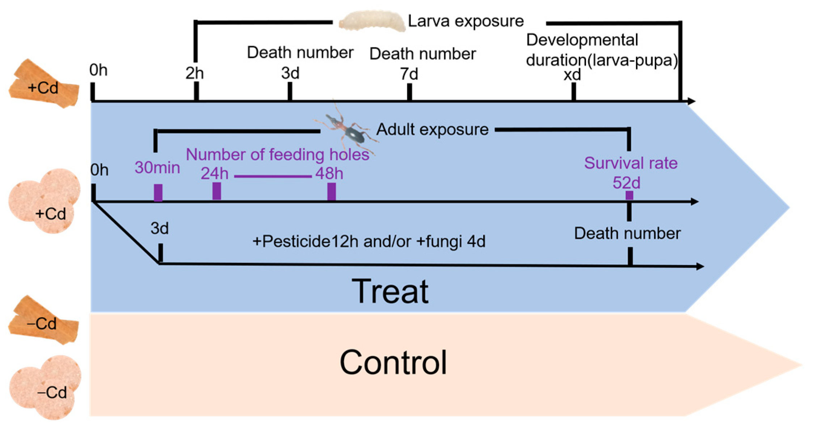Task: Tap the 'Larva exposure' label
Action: pos(466,21)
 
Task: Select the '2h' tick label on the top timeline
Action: pos(195,73)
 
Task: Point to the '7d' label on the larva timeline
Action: pos(409,74)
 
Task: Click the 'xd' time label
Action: pos(572,75)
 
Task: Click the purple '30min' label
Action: pos(157,168)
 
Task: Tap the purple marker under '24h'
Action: pos(216,191)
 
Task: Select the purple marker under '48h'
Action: pos(331,191)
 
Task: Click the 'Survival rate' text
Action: pos(631,163)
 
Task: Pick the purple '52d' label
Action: pos(626,183)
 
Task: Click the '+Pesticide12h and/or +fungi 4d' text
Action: pos(368,242)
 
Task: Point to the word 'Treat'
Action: pos(390,292)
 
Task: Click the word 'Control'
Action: pos(393,362)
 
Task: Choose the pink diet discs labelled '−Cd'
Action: pos(45,387)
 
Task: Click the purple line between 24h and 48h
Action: pos(273,176)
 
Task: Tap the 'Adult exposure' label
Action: pos(432,129)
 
